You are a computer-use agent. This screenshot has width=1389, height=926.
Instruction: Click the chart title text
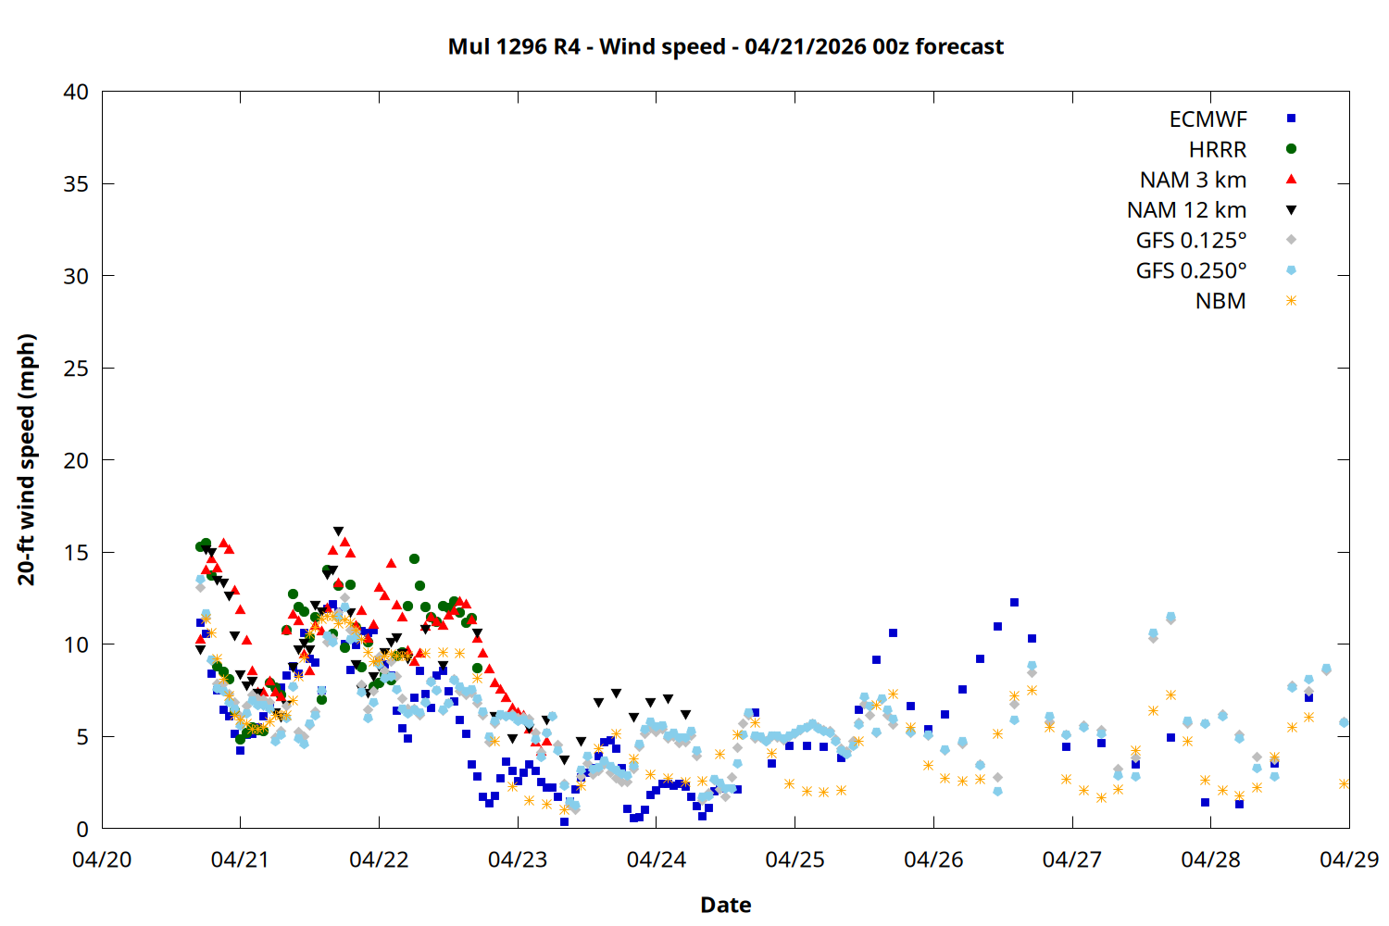click(725, 46)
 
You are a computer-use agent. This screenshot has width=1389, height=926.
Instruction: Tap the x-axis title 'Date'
click(725, 905)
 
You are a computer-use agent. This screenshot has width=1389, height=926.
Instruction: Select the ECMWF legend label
click(1208, 119)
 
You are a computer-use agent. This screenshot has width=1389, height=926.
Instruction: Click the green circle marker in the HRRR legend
click(1291, 149)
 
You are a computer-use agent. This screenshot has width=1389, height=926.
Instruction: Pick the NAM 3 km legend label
click(1193, 180)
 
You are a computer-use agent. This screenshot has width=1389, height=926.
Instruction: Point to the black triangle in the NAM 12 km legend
click(1291, 210)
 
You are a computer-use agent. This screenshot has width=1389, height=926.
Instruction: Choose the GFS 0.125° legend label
click(1191, 241)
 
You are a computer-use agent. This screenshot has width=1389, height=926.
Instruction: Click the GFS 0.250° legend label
click(1191, 270)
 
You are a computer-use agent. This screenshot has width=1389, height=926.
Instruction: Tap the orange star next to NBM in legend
click(1291, 301)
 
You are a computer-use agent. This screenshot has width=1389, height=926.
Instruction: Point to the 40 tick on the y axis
click(76, 92)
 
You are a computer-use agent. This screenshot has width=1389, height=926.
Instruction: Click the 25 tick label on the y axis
click(76, 369)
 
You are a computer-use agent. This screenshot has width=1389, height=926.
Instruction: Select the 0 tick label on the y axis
click(82, 829)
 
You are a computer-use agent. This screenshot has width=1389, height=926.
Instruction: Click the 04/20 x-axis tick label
click(102, 859)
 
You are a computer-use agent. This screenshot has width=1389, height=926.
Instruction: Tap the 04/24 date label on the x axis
click(657, 859)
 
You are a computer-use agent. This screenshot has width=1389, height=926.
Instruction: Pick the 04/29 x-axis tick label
click(1348, 859)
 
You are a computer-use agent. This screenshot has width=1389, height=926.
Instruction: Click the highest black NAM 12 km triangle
click(338, 532)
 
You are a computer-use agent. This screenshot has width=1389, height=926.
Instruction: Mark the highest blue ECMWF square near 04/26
click(1014, 603)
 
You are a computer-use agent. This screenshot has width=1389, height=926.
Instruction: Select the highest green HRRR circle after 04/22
click(414, 559)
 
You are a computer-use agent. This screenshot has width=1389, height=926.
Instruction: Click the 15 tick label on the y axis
click(76, 553)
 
